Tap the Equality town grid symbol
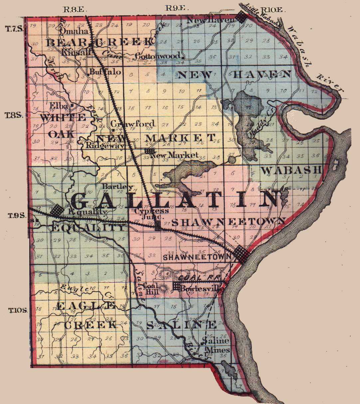pyautogui.click(x=57, y=210)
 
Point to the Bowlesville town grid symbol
pyautogui.click(x=176, y=286)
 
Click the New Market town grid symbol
pyautogui.click(x=149, y=151)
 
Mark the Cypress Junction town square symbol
pyautogui.click(x=158, y=228)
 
